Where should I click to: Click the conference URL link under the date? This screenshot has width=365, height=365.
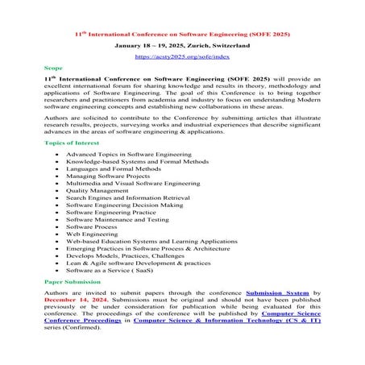point(182,57)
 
